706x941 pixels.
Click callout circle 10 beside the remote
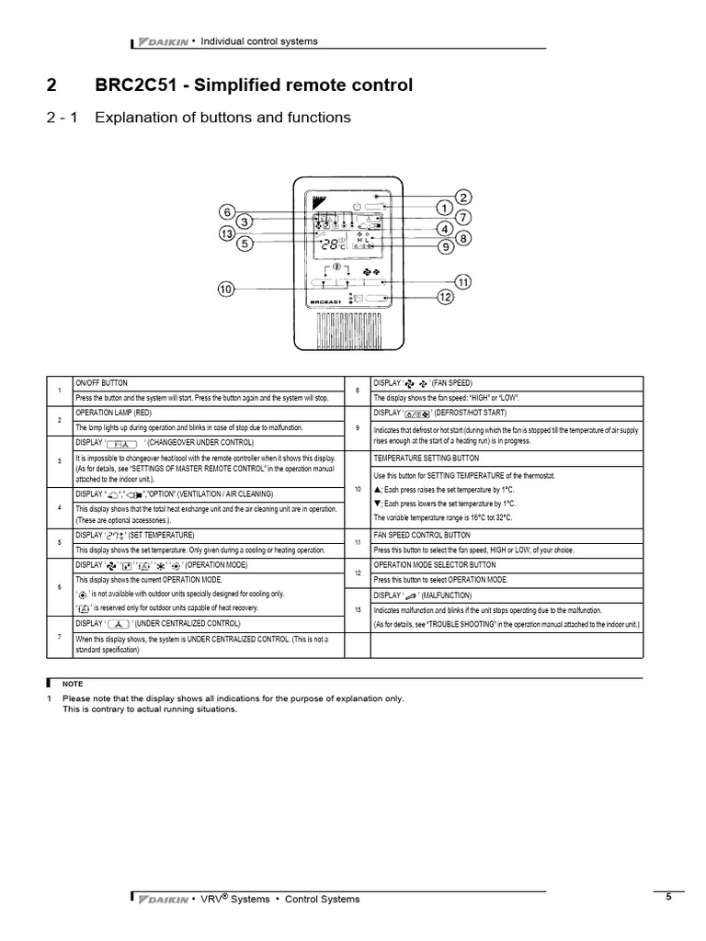pyautogui.click(x=225, y=289)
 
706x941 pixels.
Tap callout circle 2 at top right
pyautogui.click(x=462, y=197)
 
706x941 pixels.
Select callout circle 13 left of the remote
pyautogui.click(x=227, y=233)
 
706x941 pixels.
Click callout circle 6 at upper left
pyautogui.click(x=228, y=210)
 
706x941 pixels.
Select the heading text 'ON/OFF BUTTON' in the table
pyautogui.click(x=102, y=381)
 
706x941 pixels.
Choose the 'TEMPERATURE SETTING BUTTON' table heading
pyautogui.click(x=425, y=458)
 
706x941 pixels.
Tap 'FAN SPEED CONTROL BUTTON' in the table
pyautogui.click(x=422, y=535)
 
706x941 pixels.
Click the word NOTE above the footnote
pyautogui.click(x=72, y=685)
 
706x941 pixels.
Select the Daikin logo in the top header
pyautogui.click(x=162, y=41)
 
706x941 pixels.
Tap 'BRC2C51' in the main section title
pyautogui.click(x=135, y=85)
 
